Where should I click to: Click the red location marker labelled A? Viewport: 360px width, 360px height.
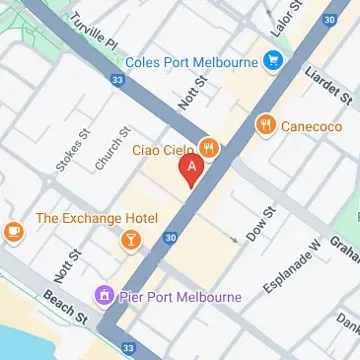point(192,171)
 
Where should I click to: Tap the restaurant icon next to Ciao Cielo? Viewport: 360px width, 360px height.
point(208,149)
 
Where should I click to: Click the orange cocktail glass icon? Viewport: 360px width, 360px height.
point(130,239)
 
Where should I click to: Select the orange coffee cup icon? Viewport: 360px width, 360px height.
point(12,232)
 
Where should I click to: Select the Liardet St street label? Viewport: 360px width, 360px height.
point(329,84)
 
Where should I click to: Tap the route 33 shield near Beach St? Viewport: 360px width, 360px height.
point(127,347)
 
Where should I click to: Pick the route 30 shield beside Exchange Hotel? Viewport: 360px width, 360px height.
point(171,238)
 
